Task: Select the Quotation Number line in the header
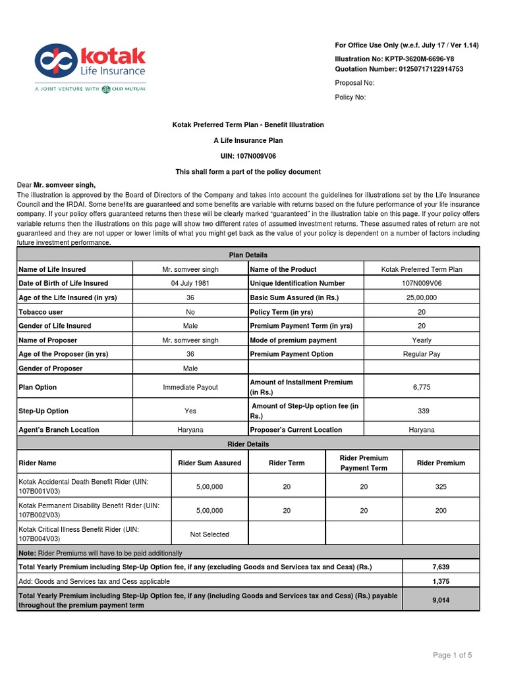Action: pyautogui.click(x=399, y=68)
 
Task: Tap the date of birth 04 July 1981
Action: pyautogui.click(x=190, y=283)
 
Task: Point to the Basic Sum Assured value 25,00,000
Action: pyautogui.click(x=422, y=298)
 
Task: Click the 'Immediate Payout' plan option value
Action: pyautogui.click(x=190, y=387)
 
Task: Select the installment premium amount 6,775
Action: pyautogui.click(x=422, y=387)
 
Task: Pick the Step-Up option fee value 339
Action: pyautogui.click(x=423, y=411)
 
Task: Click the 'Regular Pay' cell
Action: pyautogui.click(x=422, y=354)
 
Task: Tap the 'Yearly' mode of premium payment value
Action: pyautogui.click(x=422, y=340)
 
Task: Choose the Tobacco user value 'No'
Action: pyautogui.click(x=190, y=312)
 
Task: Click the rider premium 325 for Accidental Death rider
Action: pyautogui.click(x=441, y=487)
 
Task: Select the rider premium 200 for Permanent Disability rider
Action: pyautogui.click(x=441, y=511)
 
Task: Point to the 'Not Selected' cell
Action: pyautogui.click(x=210, y=534)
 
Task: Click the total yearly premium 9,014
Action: pyautogui.click(x=441, y=600)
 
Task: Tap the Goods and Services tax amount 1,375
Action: pyautogui.click(x=441, y=581)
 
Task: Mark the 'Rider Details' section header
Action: pyautogui.click(x=248, y=444)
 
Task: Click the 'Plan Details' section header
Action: pyautogui.click(x=248, y=255)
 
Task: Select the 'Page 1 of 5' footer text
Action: pyautogui.click(x=452, y=655)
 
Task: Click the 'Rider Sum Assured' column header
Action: pyautogui.click(x=210, y=463)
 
